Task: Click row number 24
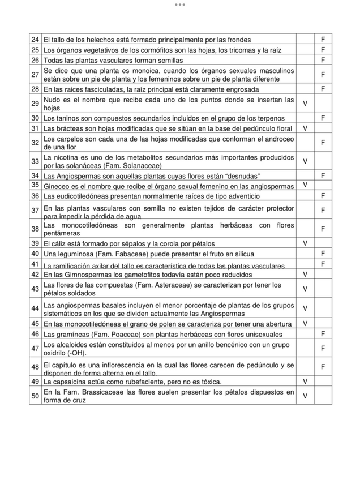[35, 40]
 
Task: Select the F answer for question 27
[322, 75]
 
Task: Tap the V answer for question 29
[305, 104]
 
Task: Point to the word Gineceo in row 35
[56, 186]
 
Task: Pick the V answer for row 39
[305, 243]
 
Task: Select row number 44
[35, 308]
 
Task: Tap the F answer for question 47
[322, 348]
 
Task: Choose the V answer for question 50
[305, 396]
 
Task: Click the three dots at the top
[179, 5]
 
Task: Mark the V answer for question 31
[305, 128]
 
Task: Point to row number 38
[35, 229]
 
